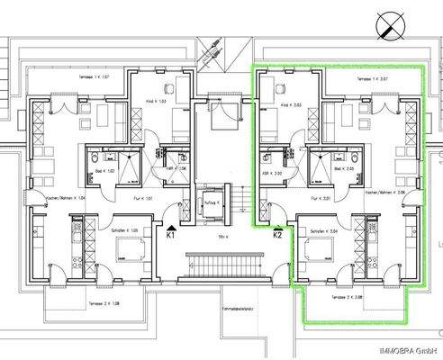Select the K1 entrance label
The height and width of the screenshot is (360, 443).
click(171, 235)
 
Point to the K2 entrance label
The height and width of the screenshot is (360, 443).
click(278, 235)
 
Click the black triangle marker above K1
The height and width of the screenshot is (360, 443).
click(171, 225)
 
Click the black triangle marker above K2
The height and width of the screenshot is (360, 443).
click(277, 225)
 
